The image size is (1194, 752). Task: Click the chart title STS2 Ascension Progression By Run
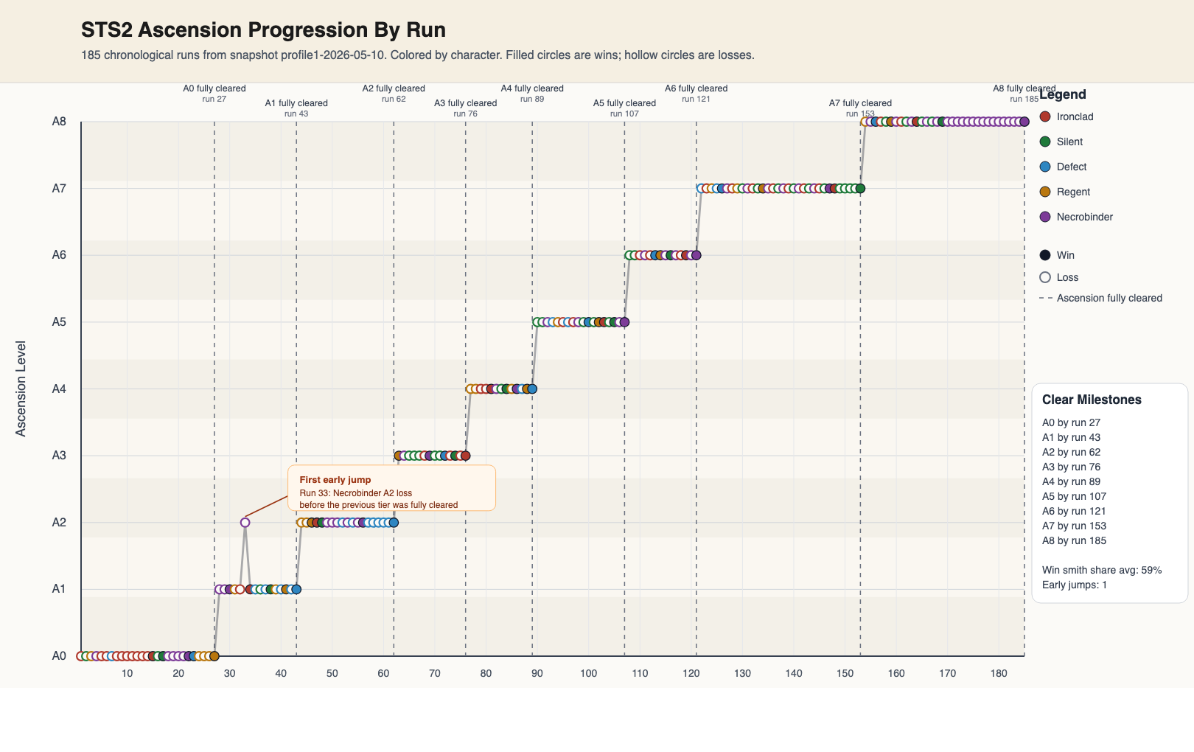(x=263, y=30)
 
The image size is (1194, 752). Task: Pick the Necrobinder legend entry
(x=1076, y=217)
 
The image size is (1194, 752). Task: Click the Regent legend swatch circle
(x=1045, y=192)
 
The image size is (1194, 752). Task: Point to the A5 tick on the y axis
(x=59, y=321)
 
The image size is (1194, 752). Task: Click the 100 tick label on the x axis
(x=588, y=673)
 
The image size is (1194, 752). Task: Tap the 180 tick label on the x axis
(x=999, y=673)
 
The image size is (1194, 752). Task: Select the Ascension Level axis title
(x=20, y=389)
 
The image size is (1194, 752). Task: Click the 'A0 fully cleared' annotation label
(x=214, y=88)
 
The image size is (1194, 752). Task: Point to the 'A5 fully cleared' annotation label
(x=624, y=103)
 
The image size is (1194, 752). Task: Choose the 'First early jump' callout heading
(x=335, y=479)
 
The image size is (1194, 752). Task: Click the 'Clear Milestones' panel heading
(x=1092, y=400)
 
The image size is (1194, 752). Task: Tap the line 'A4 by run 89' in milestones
(x=1072, y=481)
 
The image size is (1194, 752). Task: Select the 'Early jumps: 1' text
(x=1075, y=585)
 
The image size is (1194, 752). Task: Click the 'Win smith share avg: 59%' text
(x=1102, y=570)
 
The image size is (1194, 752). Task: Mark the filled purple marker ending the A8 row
(x=1024, y=122)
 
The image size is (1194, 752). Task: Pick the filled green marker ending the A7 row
(x=860, y=188)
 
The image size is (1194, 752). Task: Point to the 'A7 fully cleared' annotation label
(x=860, y=103)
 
